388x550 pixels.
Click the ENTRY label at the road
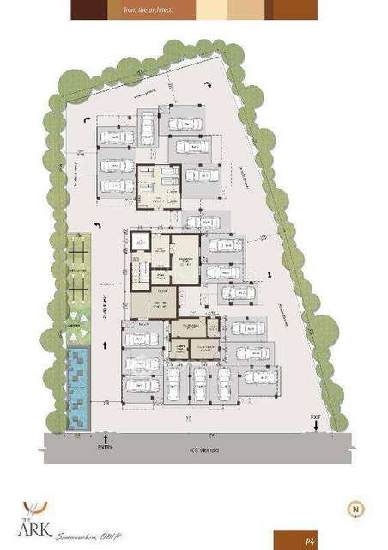tap(105, 447)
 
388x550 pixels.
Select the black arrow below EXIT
tap(317, 426)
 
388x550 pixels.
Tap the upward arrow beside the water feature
tap(105, 345)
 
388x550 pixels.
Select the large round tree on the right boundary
tap(324, 327)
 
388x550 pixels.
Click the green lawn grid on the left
tap(80, 266)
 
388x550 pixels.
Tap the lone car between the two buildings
tap(203, 222)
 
